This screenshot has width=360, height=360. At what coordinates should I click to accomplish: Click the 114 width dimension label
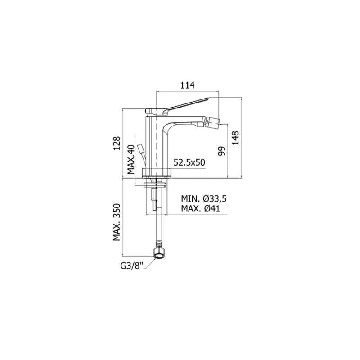pos(187,85)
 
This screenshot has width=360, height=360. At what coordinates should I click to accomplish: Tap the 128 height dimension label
pos(117,143)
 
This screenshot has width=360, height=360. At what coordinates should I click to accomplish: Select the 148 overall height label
pos(235,138)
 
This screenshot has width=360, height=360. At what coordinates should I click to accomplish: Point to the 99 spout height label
pos(221,151)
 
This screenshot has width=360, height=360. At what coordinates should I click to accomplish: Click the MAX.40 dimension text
pos(130,160)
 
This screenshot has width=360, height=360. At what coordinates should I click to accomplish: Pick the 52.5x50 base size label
pos(189,162)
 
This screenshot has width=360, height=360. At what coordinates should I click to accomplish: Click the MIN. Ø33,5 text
pos(204,198)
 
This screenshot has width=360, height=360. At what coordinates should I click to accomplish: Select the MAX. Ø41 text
pos(200,208)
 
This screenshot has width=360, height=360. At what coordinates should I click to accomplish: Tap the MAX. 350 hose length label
pos(117,222)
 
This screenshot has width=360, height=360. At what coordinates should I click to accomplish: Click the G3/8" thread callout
pos(131,266)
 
